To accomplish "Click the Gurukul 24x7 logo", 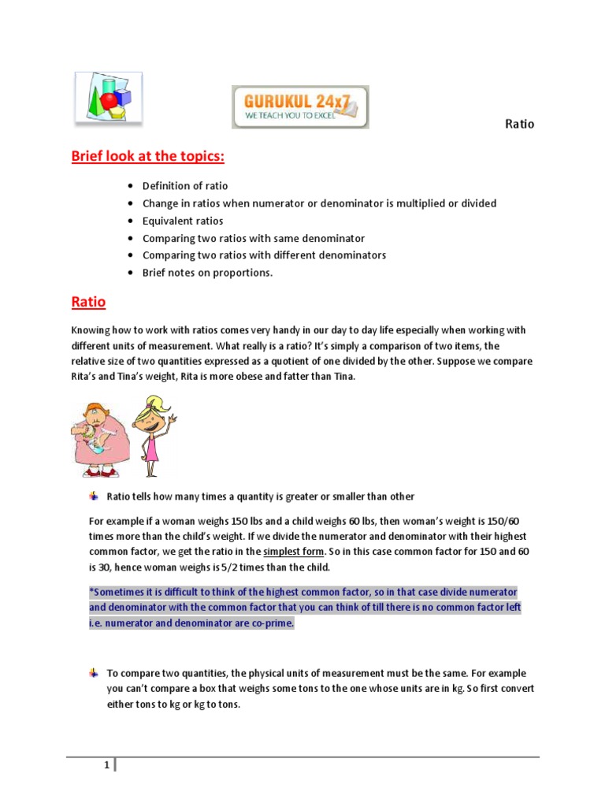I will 299,107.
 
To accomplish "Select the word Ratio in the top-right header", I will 519,125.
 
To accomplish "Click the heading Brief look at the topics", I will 148,156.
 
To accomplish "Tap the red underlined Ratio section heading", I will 88,302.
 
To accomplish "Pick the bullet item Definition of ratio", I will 185,186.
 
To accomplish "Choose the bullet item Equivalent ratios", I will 183,221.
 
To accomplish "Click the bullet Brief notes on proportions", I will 207,273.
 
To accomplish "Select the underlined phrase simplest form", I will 293,551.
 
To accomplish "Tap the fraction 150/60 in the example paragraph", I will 502,522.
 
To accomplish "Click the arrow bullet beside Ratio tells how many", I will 94,496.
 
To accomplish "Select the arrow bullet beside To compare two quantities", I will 94,673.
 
